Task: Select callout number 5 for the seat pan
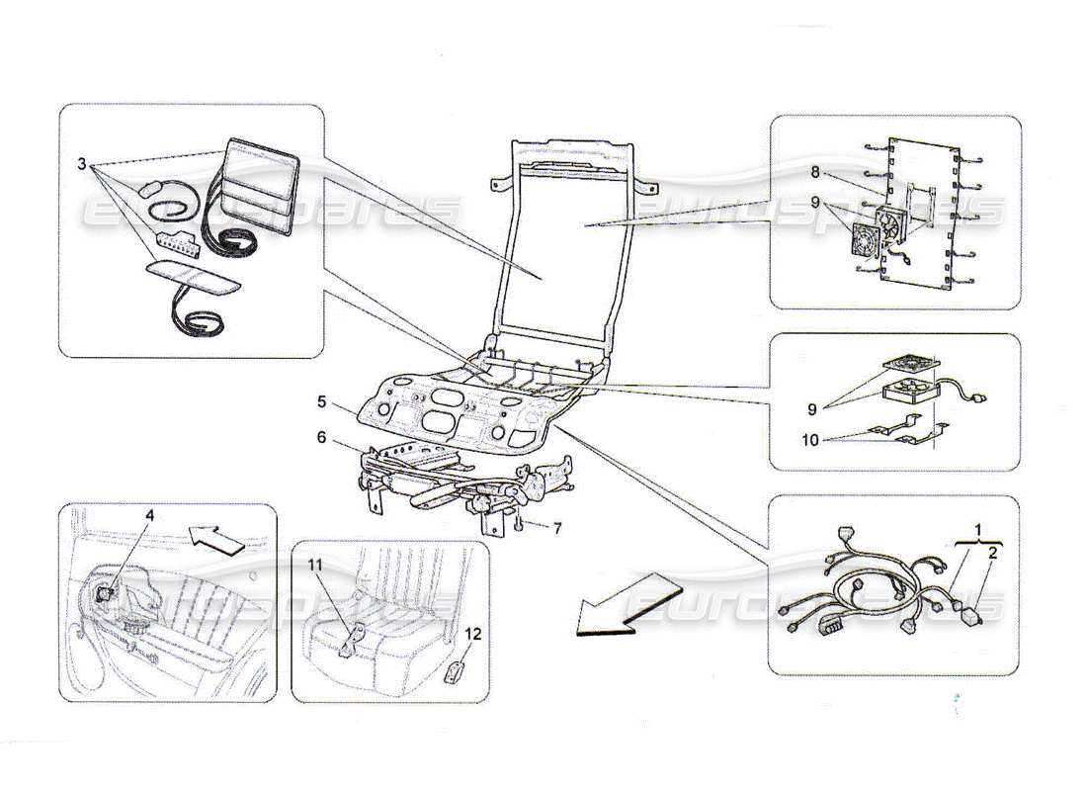pyautogui.click(x=322, y=403)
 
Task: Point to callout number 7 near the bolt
pyautogui.click(x=556, y=529)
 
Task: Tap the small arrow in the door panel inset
pyautogui.click(x=215, y=539)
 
